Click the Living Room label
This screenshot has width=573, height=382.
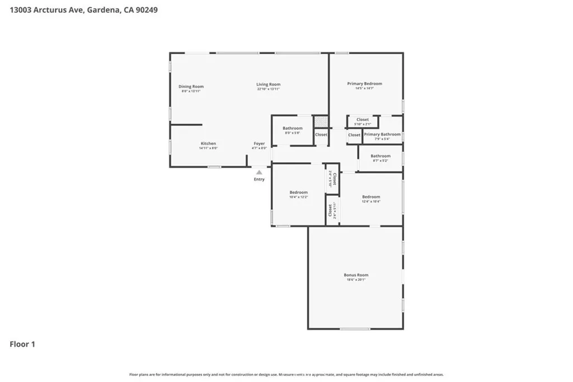click(268, 84)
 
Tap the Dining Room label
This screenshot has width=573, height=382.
click(191, 87)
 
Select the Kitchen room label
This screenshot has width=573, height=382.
click(208, 144)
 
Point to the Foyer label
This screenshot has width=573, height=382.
click(259, 144)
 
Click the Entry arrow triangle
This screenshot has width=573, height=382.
click(259, 173)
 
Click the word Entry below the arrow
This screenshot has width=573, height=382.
click(259, 180)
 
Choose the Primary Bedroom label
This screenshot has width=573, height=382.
click(364, 84)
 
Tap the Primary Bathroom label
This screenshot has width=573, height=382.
click(382, 134)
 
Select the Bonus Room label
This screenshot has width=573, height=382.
click(356, 275)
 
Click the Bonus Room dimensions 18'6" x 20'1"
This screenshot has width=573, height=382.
click(356, 280)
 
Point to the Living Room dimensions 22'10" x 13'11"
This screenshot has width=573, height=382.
click(268, 89)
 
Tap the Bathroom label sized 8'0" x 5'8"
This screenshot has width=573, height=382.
click(292, 128)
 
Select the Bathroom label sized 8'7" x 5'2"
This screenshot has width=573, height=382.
click(380, 156)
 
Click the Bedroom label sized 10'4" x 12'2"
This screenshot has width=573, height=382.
click(298, 192)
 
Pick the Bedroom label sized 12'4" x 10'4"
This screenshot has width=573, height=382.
click(371, 197)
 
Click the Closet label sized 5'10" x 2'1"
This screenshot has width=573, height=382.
click(363, 120)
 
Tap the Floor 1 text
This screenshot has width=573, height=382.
click(22, 345)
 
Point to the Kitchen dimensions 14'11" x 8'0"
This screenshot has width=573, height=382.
click(208, 149)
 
